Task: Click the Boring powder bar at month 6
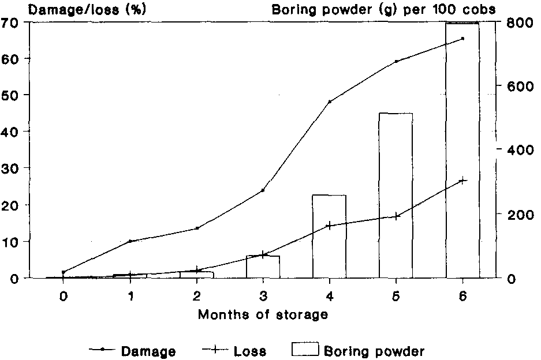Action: point(462,150)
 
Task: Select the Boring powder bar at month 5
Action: point(396,196)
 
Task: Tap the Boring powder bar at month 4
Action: point(330,237)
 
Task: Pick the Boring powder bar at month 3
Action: point(263,267)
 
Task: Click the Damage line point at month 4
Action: point(330,102)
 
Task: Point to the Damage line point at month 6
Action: point(462,39)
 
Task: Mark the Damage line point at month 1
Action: point(130,241)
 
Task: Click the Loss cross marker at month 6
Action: point(462,181)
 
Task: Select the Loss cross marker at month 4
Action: point(330,225)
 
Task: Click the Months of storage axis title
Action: point(263,315)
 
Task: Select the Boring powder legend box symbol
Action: point(305,349)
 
